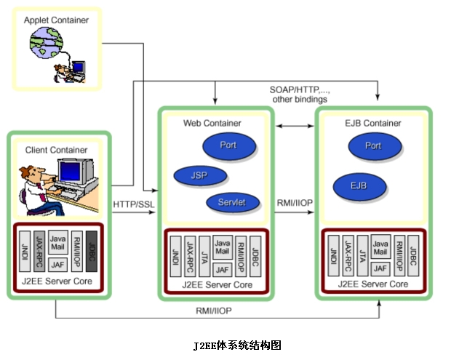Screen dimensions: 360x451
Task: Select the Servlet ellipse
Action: tap(231, 202)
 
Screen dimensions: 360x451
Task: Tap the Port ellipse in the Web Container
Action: tap(228, 145)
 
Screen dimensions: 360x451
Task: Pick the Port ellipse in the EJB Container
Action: tap(373, 146)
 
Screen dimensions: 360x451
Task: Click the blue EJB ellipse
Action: tap(358, 186)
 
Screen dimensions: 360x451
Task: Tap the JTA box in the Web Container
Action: tap(204, 256)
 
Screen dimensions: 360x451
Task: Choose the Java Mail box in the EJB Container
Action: tap(380, 247)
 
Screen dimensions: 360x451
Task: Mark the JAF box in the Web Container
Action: tap(223, 270)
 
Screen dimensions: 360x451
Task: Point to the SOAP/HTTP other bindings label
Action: tap(300, 94)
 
